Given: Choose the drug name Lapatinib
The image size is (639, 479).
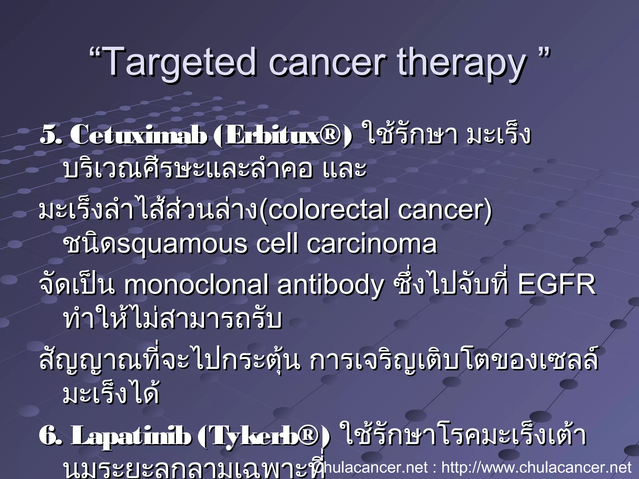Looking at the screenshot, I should point(131,436).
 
